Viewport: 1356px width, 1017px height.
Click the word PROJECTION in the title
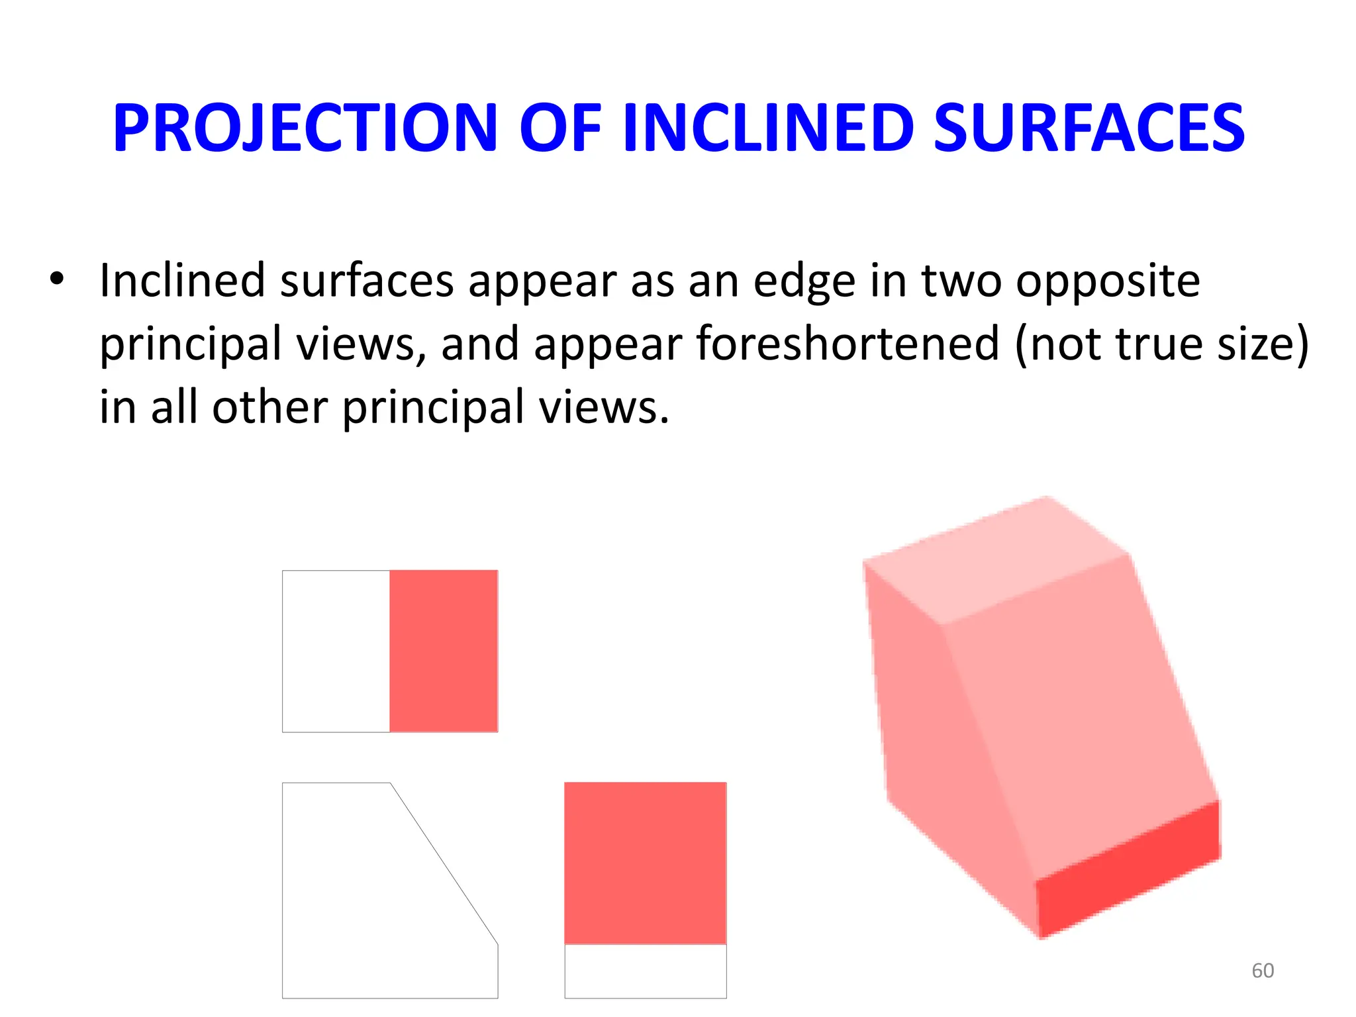coord(305,128)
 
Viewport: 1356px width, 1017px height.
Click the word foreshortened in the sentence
coord(847,344)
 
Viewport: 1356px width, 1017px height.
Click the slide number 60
coord(1263,971)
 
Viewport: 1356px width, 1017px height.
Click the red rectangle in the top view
coord(443,651)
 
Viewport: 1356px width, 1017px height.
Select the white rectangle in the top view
coord(336,651)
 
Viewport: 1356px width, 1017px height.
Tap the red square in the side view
coord(645,863)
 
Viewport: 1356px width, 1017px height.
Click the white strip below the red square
coord(645,971)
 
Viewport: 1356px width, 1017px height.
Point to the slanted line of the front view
coord(444,863)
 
